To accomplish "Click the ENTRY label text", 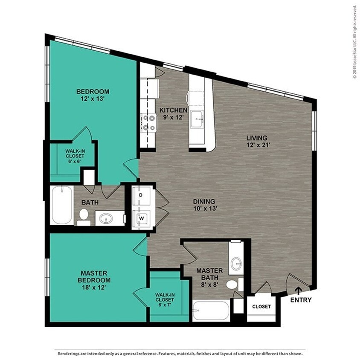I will click(301, 300).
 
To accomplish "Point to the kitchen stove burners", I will click(148, 122).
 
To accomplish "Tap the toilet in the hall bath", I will click(84, 217).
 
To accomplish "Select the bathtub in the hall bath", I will click(62, 205).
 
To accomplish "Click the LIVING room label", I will click(256, 138).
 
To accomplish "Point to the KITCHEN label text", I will click(173, 110).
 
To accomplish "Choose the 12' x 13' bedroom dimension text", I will click(93, 99).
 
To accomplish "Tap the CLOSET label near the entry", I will click(261, 307).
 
